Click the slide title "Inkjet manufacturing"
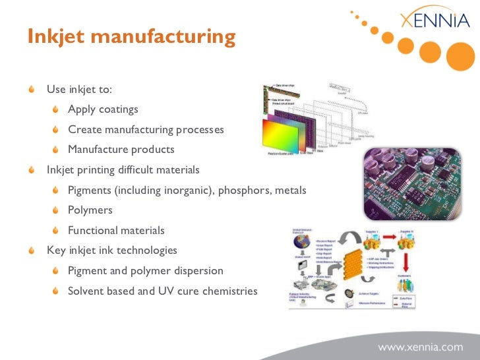pos(131,36)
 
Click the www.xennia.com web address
pos(420,346)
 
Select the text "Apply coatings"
pos(103,109)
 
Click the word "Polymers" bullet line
pos(90,210)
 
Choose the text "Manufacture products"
pos(121,150)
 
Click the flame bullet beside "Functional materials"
pos(55,231)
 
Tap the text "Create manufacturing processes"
pos(146,130)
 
